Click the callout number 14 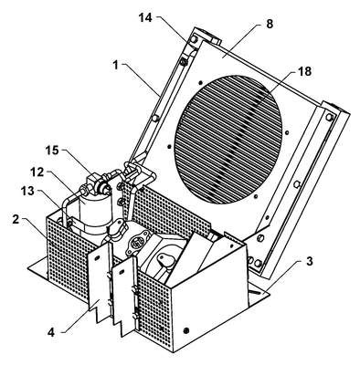[145, 18]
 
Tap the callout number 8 [270, 24]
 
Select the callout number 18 [305, 71]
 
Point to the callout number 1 [115, 66]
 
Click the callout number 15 [52, 151]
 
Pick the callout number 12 [37, 172]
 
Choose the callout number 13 [26, 192]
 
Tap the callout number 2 [16, 220]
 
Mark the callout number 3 [309, 261]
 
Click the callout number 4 [51, 332]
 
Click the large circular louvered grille [228, 140]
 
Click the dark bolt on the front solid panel [186, 330]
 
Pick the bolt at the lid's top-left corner [193, 39]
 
